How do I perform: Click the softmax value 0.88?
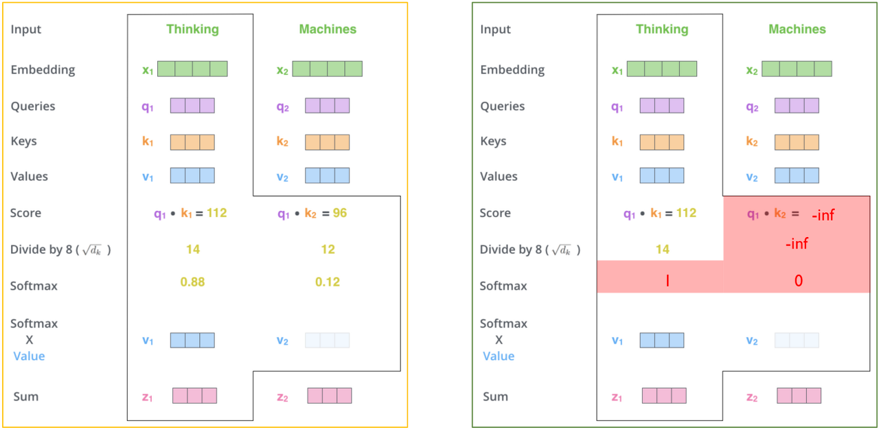click(x=192, y=282)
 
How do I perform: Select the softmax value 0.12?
click(x=328, y=282)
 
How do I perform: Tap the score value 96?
click(x=340, y=213)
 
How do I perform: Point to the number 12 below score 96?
click(x=328, y=249)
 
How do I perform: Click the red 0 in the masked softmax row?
click(x=799, y=281)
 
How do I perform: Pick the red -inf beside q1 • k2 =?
click(x=823, y=215)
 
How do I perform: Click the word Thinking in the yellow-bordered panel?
click(x=192, y=29)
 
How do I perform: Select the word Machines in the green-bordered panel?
click(x=797, y=29)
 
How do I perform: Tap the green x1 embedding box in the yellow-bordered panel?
click(x=192, y=69)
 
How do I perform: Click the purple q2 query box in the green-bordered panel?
click(x=797, y=105)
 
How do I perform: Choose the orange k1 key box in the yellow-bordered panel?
click(x=192, y=142)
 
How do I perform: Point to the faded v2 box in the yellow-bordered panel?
click(x=327, y=340)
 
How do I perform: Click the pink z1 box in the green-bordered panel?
click(x=664, y=396)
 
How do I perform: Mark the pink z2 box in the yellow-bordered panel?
click(x=330, y=396)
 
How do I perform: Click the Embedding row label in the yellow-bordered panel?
click(x=43, y=69)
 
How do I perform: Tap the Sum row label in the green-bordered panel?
click(x=495, y=396)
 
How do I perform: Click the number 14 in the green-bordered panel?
click(x=662, y=249)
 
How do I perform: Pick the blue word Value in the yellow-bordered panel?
click(x=29, y=356)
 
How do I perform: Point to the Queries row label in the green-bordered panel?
click(x=503, y=106)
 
